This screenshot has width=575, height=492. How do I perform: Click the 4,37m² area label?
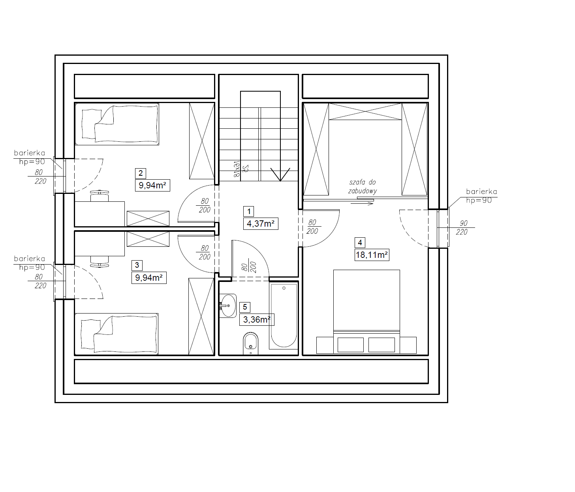point(261,223)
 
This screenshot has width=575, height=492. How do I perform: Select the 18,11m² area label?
point(372,255)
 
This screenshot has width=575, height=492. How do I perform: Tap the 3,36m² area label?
point(257,319)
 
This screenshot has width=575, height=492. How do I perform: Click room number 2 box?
point(141,173)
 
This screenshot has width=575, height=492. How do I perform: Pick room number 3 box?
point(137,265)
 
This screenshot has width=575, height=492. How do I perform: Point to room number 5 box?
point(245,307)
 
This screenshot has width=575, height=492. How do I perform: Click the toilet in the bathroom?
point(250,343)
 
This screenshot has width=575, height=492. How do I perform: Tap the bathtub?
point(284,316)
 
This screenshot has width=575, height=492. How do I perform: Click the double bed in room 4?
point(366,312)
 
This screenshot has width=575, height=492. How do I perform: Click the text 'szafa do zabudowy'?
point(363,187)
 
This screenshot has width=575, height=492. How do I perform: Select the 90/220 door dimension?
point(462,227)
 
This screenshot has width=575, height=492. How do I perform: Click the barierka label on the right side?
point(481,192)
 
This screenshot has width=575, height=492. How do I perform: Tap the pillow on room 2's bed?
point(92,124)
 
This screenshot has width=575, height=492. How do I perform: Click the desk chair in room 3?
point(99,262)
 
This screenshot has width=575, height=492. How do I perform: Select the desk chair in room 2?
point(99,195)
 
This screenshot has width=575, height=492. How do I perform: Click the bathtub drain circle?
point(284,288)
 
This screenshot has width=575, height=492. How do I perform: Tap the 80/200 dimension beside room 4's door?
point(312,227)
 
